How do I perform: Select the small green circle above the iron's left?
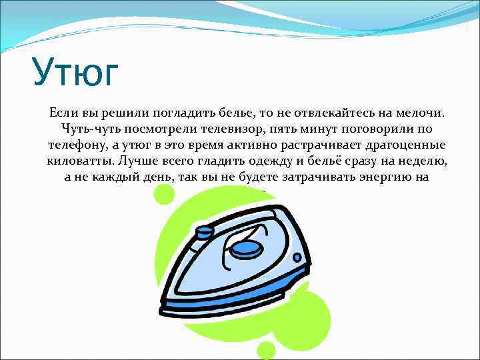(x=164, y=195)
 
